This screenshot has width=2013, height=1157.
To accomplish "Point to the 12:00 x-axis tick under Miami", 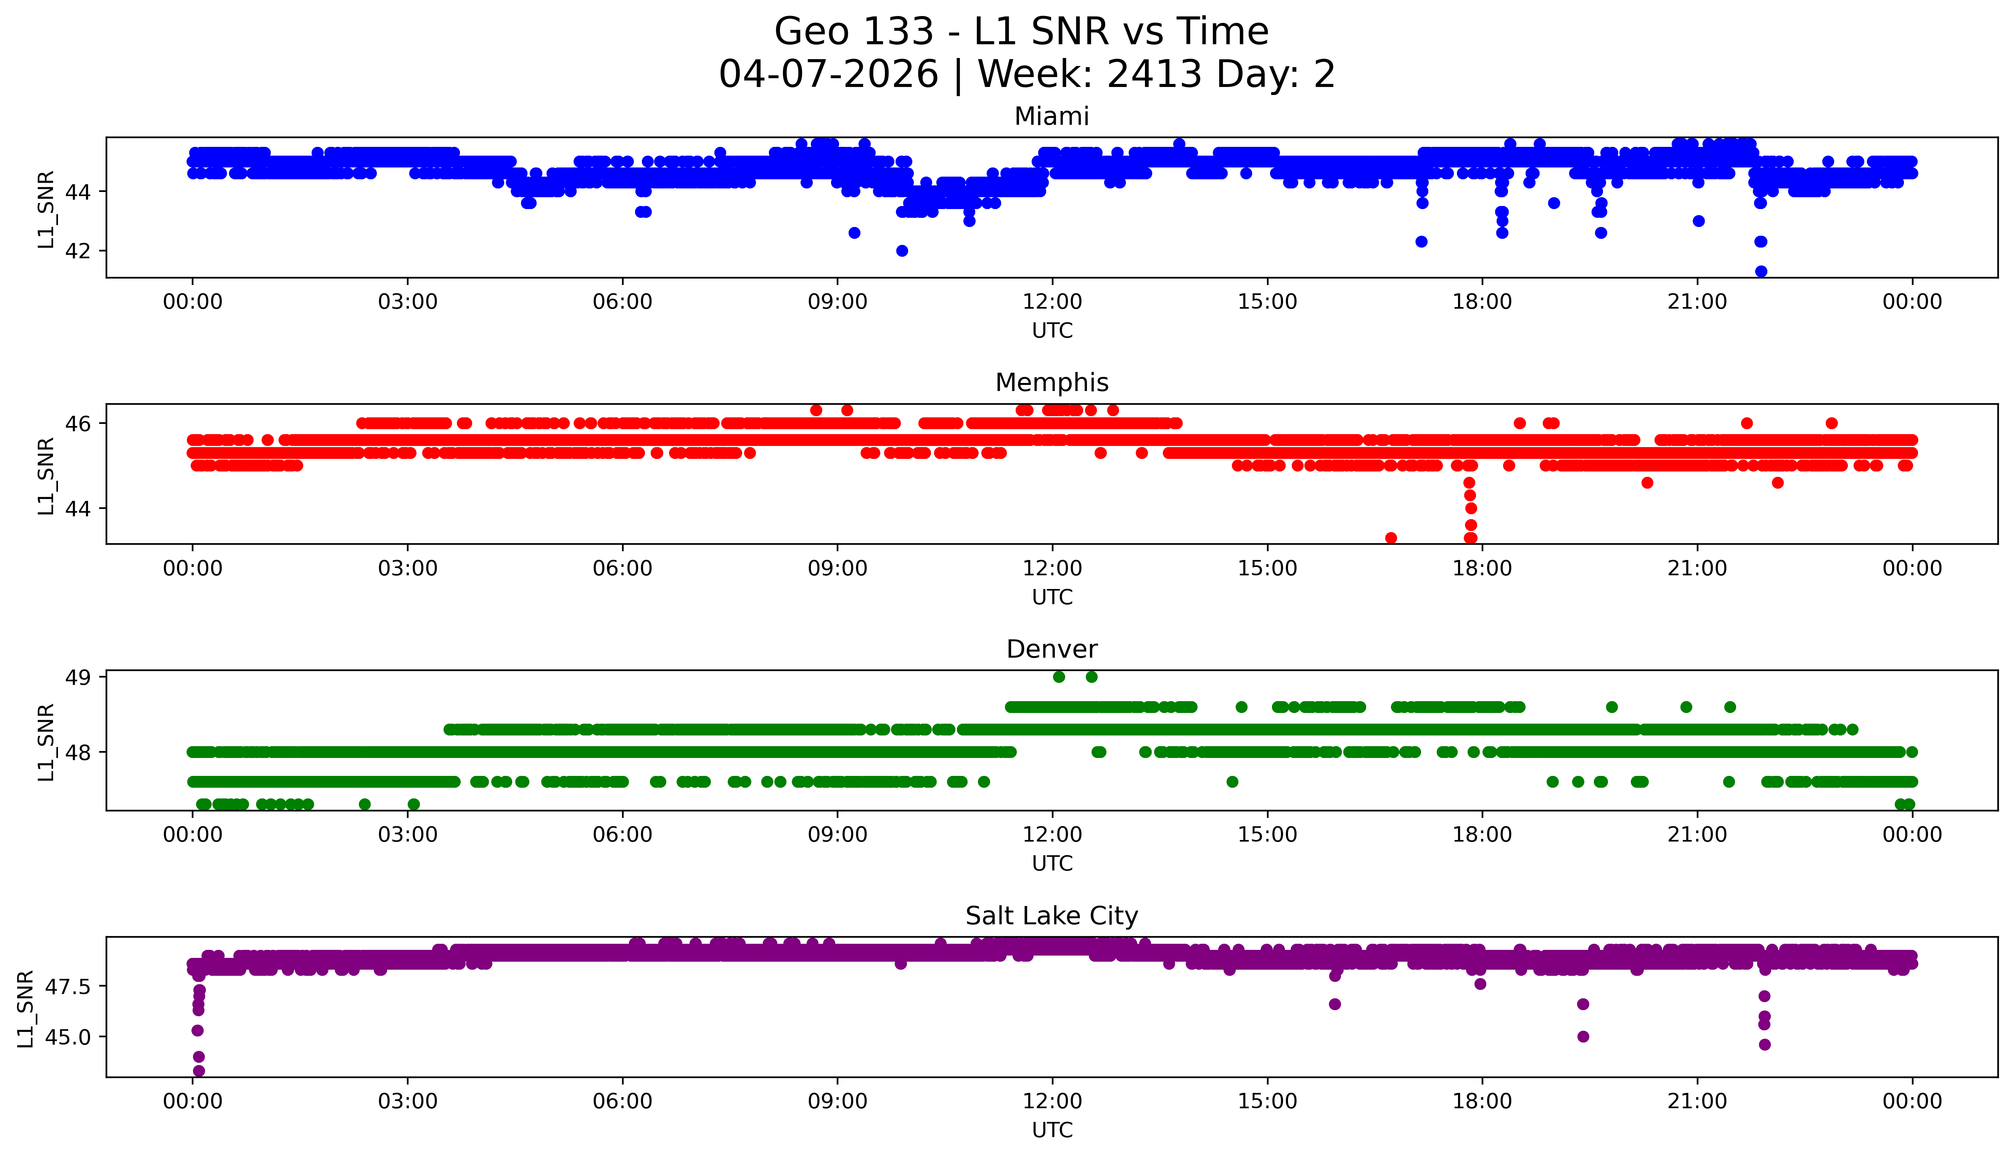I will (x=1052, y=302).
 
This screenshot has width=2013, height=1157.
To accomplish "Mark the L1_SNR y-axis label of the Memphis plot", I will (x=46, y=475).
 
